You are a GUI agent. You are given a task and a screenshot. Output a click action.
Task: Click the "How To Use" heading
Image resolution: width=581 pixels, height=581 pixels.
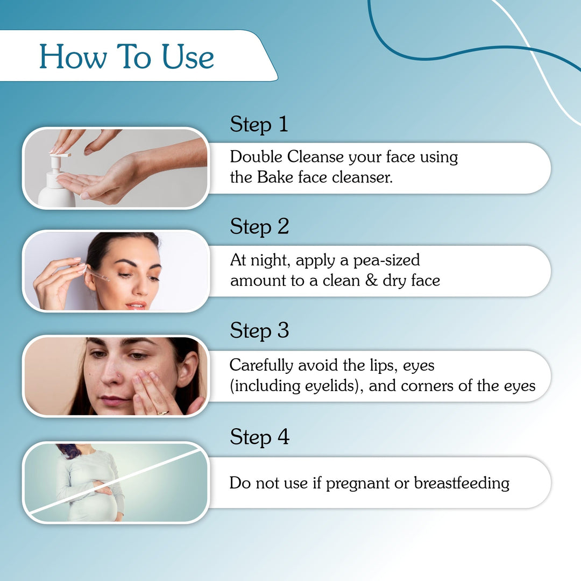[127, 56]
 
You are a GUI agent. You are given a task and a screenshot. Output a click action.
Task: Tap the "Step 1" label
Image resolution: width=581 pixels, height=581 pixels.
[259, 124]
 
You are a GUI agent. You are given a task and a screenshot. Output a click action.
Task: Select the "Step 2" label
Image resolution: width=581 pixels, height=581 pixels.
[259, 226]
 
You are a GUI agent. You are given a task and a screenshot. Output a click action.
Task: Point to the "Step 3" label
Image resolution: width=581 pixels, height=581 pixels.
[259, 330]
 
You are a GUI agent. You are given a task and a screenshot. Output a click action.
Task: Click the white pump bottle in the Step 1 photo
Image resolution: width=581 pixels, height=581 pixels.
[56, 186]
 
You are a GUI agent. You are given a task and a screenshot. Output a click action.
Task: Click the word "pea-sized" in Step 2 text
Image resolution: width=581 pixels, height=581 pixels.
[386, 260]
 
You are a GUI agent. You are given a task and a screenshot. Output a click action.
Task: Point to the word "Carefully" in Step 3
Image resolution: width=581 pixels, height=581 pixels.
[262, 366]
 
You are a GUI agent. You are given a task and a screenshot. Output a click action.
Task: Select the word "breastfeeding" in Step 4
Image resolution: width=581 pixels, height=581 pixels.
[461, 483]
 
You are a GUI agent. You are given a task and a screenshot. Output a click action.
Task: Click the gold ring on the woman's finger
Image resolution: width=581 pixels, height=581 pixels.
[162, 412]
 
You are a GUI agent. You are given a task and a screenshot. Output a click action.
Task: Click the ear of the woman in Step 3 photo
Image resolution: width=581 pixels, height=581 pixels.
[188, 370]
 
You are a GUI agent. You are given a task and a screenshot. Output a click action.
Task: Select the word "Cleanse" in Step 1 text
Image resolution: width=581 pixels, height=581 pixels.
[315, 157]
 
